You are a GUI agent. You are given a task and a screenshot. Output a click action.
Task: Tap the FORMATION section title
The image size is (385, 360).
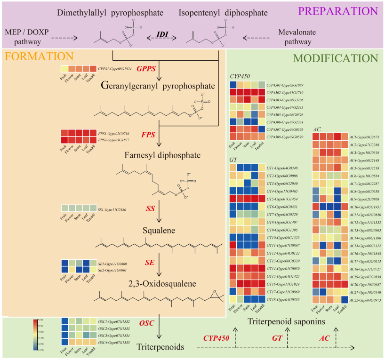[40, 56]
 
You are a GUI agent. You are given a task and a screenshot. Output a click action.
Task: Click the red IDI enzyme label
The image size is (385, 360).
[164, 35]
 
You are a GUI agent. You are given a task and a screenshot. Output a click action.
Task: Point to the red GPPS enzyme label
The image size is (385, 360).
[146, 69]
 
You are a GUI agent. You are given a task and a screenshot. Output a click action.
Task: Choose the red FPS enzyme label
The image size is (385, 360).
[148, 135]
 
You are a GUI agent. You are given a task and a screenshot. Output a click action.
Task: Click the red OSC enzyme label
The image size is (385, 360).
[147, 322]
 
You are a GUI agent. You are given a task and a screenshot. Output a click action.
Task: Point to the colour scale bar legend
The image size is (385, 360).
[36, 335]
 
